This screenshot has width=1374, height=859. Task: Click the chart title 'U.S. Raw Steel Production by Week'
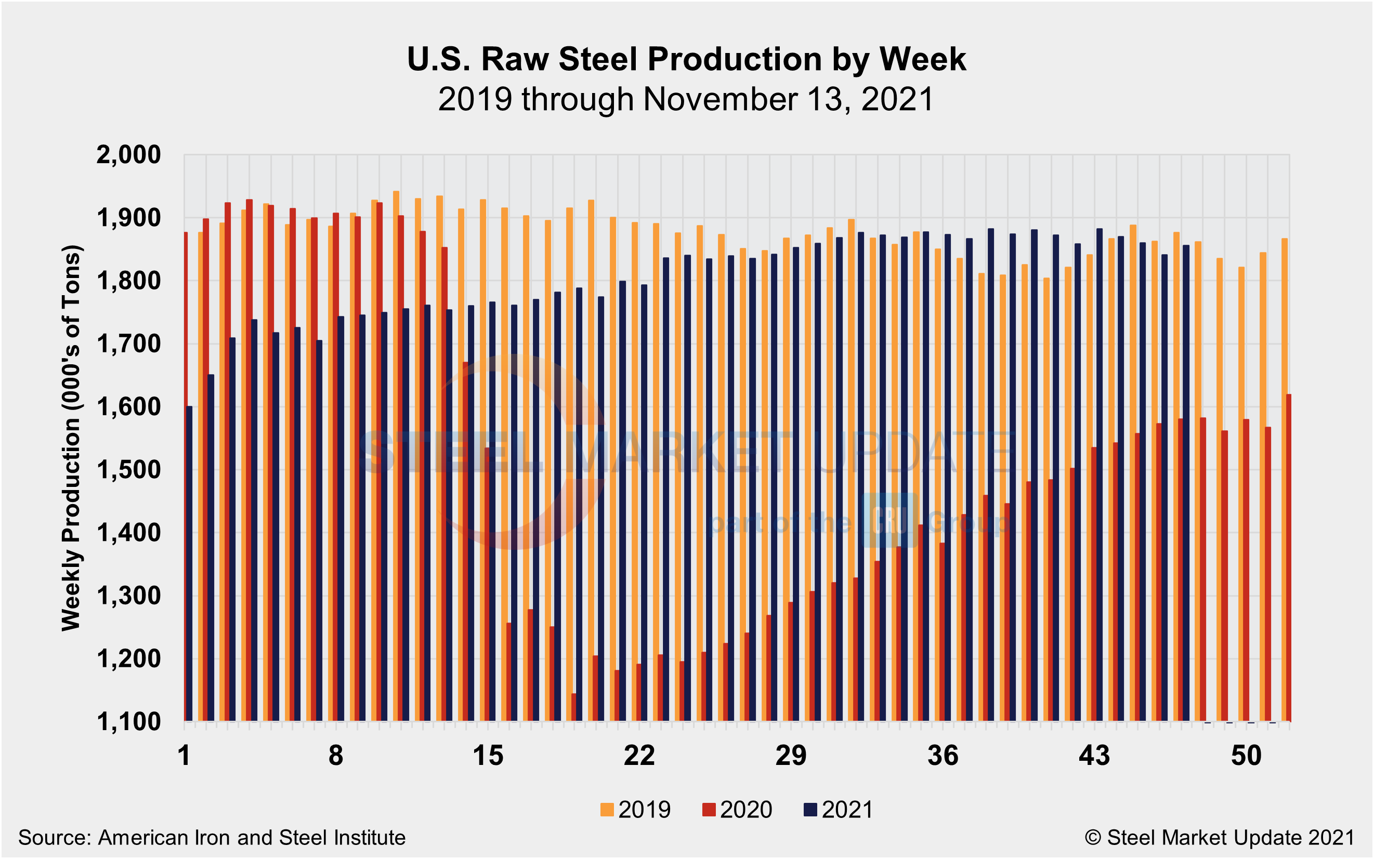[x=686, y=59]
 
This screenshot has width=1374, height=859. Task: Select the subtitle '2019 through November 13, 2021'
[x=686, y=99]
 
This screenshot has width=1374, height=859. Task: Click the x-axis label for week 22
[x=639, y=756]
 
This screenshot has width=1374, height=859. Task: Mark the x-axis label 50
[x=1246, y=756]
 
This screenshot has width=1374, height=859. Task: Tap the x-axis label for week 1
[x=184, y=756]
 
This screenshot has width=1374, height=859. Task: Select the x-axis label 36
[x=943, y=756]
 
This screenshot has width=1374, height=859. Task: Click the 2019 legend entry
[x=635, y=810]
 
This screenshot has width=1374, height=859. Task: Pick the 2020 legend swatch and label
[x=737, y=810]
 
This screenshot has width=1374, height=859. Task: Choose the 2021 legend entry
[x=838, y=810]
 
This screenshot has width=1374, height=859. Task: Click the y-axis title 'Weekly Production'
[x=72, y=438]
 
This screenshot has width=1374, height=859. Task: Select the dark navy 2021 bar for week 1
[x=189, y=564]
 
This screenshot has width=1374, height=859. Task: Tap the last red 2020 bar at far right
[x=1288, y=558]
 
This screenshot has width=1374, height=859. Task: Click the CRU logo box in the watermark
[x=889, y=520]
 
